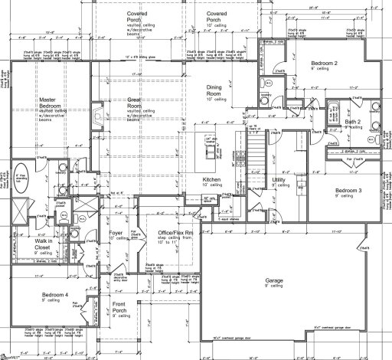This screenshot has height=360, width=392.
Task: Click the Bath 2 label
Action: [353, 122]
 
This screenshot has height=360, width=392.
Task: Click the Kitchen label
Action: [211, 180]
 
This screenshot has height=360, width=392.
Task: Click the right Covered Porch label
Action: [216, 18]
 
